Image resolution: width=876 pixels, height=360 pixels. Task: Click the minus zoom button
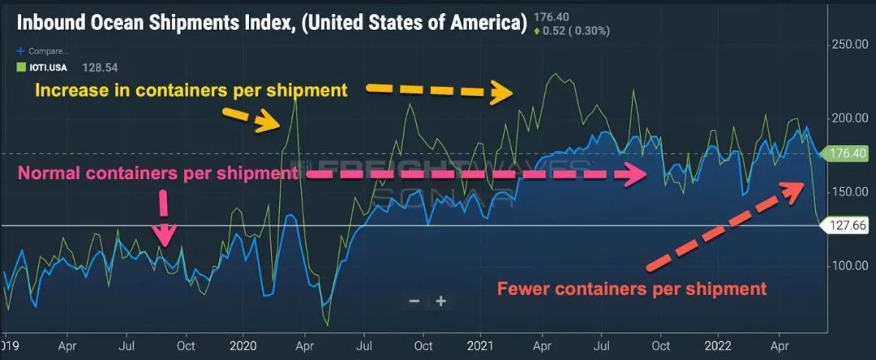pyautogui.click(x=414, y=301)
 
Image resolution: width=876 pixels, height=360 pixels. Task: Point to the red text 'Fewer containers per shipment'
pyautogui.click(x=631, y=289)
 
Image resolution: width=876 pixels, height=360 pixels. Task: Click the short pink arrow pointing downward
pyautogui.click(x=165, y=217)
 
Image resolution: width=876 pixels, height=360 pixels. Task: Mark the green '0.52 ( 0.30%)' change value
pyautogui.click(x=573, y=31)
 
